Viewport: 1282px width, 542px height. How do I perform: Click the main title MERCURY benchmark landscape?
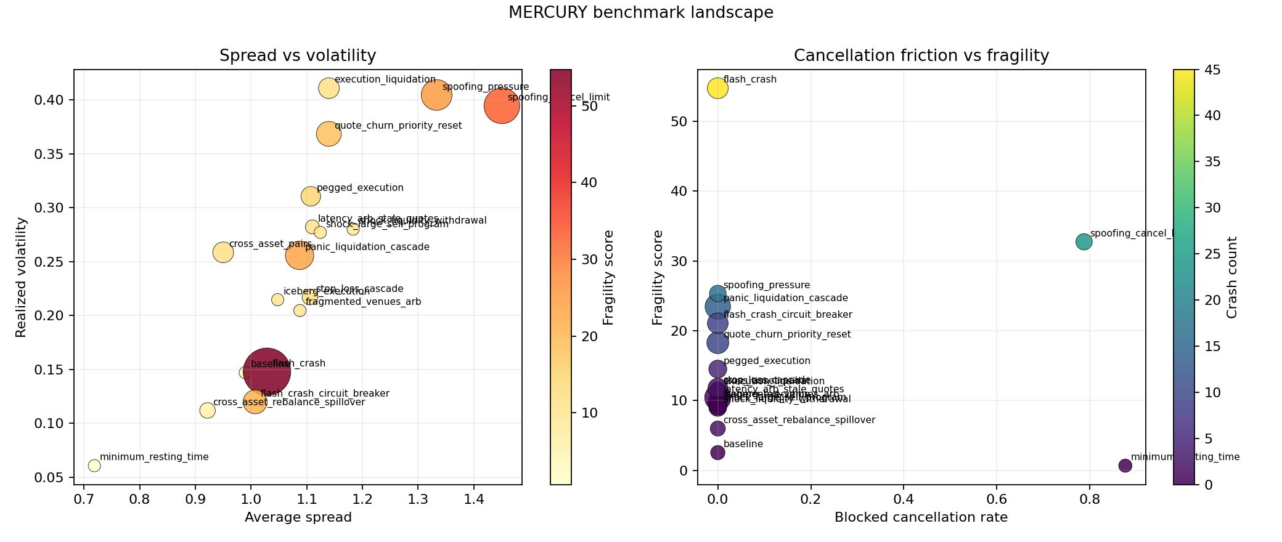(x=640, y=13)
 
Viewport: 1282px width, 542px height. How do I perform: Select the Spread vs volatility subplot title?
(x=298, y=56)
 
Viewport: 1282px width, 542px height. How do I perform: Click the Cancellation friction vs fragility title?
(x=921, y=56)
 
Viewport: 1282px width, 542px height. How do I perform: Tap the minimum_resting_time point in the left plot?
(x=94, y=466)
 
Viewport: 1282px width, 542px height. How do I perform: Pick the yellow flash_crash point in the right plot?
(x=717, y=88)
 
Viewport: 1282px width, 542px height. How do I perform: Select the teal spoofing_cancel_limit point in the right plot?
(x=1084, y=242)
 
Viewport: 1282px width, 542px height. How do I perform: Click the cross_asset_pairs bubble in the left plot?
(x=223, y=253)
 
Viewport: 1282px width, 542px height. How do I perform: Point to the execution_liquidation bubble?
(x=329, y=88)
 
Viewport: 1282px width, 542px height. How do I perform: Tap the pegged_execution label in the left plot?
(x=360, y=188)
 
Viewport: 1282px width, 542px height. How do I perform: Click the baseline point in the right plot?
(x=717, y=453)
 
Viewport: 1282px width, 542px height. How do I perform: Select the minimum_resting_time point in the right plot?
(x=1125, y=466)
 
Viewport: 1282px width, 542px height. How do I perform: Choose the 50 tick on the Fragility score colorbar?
(x=589, y=107)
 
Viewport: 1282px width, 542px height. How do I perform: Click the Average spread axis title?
(x=298, y=517)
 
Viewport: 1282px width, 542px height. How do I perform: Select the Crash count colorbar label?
(x=1232, y=277)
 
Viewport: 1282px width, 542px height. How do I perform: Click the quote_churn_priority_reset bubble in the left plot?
(x=329, y=134)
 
